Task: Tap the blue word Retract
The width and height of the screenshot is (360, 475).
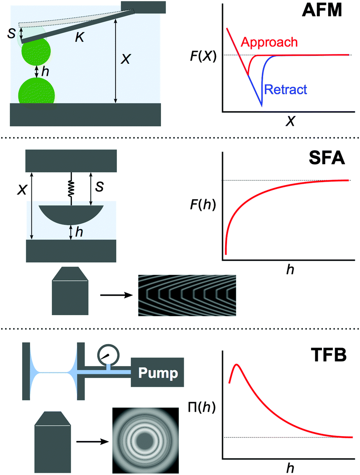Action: point(285,89)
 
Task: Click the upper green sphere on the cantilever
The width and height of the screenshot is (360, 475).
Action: point(36,52)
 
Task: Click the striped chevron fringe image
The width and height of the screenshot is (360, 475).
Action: point(187,296)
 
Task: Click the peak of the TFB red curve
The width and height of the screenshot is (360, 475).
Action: point(237,365)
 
